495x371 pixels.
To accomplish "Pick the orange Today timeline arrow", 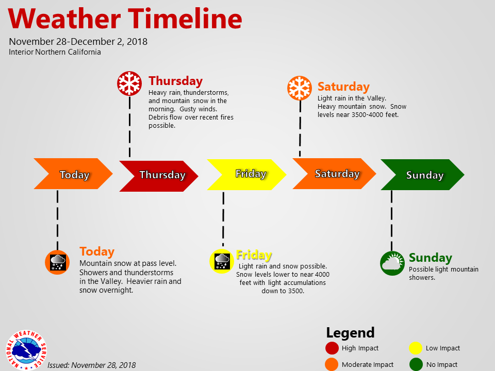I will pos(73,174).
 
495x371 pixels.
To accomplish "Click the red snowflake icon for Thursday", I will pos(129,83).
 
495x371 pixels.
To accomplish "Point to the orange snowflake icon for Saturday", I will pos(300,88).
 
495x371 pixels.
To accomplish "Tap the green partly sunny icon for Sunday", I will pos(392,263).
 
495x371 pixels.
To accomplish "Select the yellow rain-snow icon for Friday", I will pos(222,260).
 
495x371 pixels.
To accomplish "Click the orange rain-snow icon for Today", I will pos(57,262).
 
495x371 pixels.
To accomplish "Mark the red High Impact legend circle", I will pos(332,348).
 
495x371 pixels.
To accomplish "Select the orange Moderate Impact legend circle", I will pos(332,365).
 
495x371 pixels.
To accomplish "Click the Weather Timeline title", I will pos(125,19).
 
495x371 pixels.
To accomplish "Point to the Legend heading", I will pos(350,332).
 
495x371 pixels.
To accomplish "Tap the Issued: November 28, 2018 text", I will pos(91,365).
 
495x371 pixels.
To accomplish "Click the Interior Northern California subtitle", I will pos(55,52).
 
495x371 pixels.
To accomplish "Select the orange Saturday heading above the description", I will pos(343,87).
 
